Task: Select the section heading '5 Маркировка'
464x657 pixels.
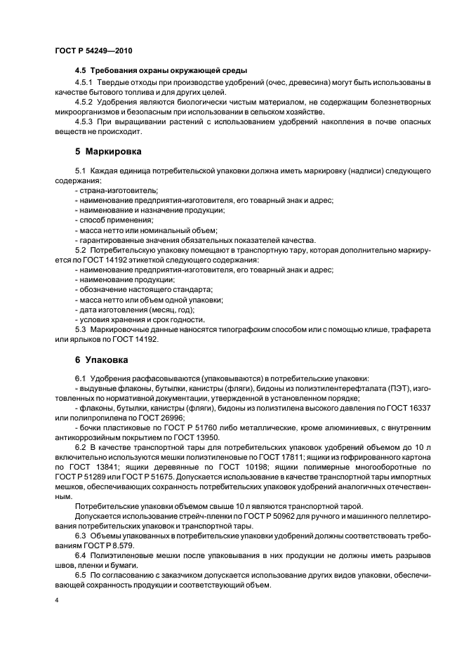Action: click(108, 151)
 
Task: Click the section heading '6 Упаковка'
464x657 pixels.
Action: click(102, 360)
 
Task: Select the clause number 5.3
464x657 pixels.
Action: click(80, 329)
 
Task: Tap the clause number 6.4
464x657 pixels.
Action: click(80, 555)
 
